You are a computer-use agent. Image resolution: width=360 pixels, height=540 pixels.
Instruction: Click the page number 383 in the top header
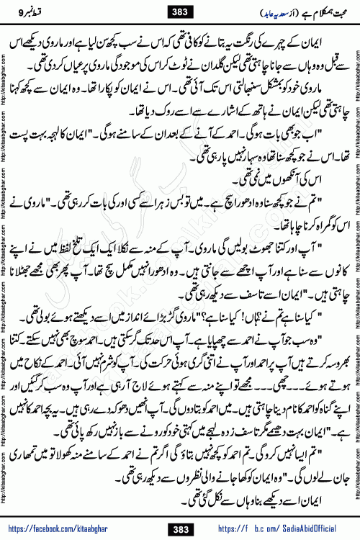pyautogui.click(x=179, y=12)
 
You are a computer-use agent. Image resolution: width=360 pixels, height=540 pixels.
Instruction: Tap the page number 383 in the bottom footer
pyautogui.click(x=179, y=530)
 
